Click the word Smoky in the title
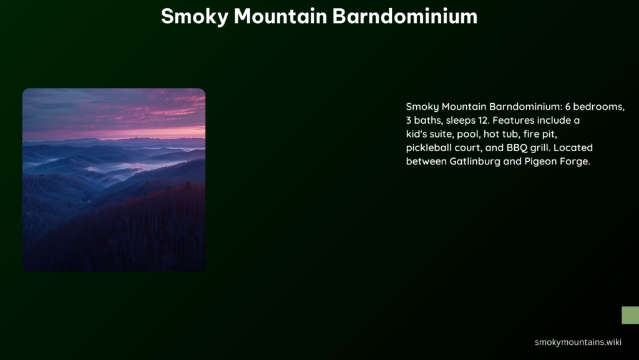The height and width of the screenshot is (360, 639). (194, 17)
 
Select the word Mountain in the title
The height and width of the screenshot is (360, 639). (280, 16)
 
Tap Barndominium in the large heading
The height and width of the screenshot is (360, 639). (405, 16)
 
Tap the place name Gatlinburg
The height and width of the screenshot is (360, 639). (475, 161)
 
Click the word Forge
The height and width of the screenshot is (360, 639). (575, 162)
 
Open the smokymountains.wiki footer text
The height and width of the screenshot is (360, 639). (578, 342)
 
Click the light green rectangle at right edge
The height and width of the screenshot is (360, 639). (630, 315)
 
